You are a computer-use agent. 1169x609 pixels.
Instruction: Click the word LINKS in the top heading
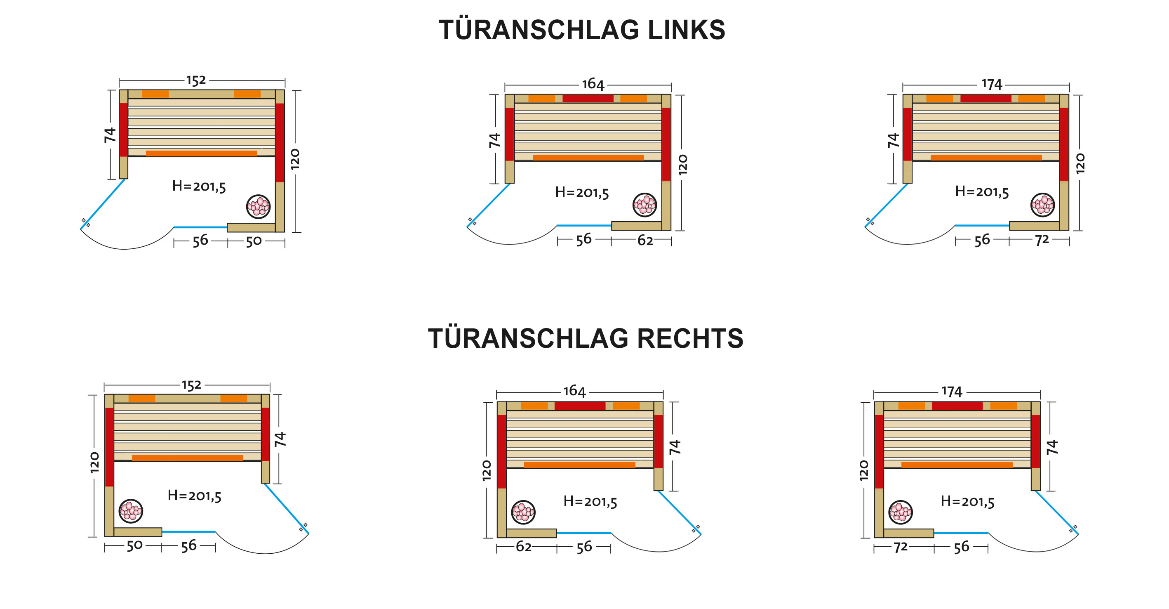coord(686,31)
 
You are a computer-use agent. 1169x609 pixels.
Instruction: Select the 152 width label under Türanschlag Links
coord(196,81)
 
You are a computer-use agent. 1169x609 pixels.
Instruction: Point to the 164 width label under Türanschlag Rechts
coord(574,392)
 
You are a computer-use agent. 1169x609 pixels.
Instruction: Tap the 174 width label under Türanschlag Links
coord(992,85)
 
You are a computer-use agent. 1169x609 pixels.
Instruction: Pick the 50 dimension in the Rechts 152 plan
coord(134,546)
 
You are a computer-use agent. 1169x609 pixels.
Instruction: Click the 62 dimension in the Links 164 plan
coord(645,241)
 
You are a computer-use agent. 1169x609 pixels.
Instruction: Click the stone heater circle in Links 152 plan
coord(258,207)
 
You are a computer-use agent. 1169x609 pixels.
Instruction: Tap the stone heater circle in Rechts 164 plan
coord(523,512)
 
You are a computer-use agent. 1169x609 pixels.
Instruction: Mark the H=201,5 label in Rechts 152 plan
coord(194,496)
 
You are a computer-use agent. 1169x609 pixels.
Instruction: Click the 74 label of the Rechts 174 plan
coord(1052,447)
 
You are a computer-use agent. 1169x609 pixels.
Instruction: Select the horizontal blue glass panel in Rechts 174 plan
coord(961,533)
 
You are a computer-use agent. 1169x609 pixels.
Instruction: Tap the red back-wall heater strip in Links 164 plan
coord(588,99)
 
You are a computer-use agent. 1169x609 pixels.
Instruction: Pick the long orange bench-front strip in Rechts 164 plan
coord(579,465)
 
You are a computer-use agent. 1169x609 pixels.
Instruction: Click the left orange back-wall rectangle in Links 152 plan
coord(155,94)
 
